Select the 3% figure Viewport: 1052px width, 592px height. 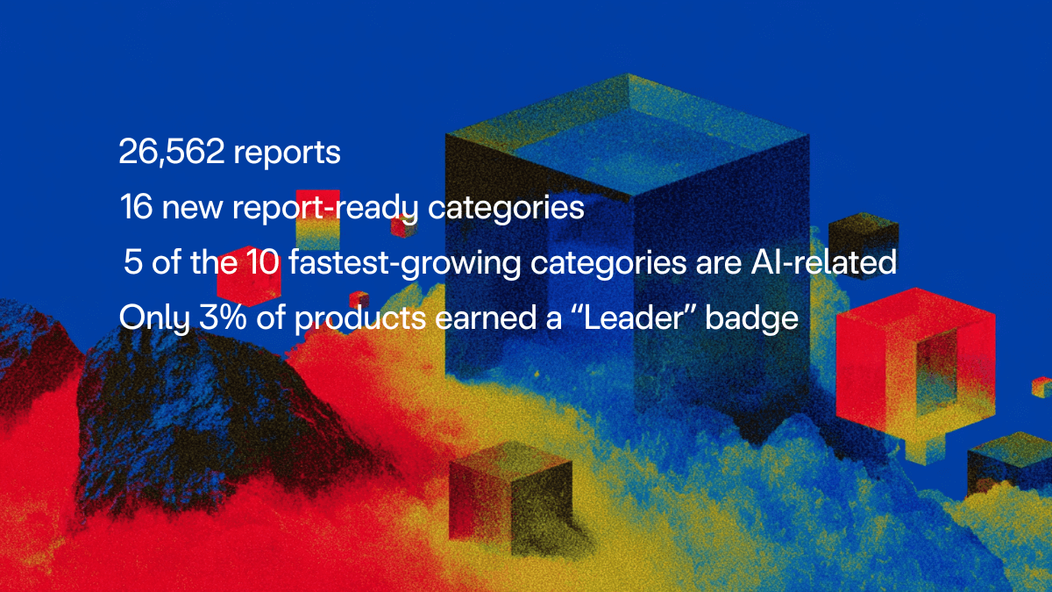(x=223, y=317)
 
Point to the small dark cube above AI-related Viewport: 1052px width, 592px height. (x=863, y=233)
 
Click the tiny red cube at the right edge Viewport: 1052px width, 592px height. (x=1041, y=386)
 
